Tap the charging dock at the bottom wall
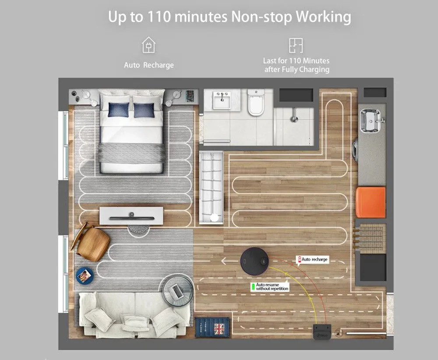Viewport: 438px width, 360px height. click(322, 332)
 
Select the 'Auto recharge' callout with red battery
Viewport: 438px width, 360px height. click(313, 259)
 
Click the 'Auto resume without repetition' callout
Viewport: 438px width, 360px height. click(270, 287)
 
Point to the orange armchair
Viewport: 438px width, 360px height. click(371, 202)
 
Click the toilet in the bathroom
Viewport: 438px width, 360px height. click(256, 102)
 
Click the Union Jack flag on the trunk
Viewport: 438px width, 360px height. click(219, 329)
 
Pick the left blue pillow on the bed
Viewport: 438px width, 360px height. click(119, 110)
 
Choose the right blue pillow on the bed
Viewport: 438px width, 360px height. click(144, 110)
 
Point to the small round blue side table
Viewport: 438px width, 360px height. click(85, 276)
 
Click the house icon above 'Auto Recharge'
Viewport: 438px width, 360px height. click(148, 45)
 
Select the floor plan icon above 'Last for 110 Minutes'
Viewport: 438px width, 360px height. click(296, 45)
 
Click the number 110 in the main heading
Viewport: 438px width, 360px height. click(159, 17)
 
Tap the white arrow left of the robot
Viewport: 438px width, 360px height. click(228, 261)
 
